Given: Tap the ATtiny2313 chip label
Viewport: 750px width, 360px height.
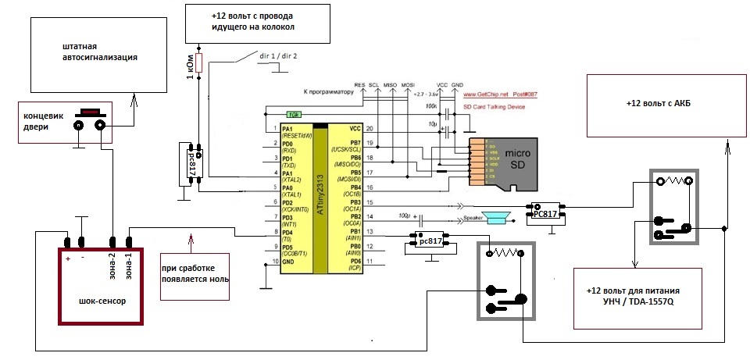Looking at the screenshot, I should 319,195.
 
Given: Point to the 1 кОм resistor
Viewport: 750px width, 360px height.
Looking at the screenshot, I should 198,63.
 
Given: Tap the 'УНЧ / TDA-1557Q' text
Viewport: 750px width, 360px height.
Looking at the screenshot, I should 652,301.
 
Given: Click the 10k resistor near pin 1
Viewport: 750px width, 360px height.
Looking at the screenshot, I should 293,113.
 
